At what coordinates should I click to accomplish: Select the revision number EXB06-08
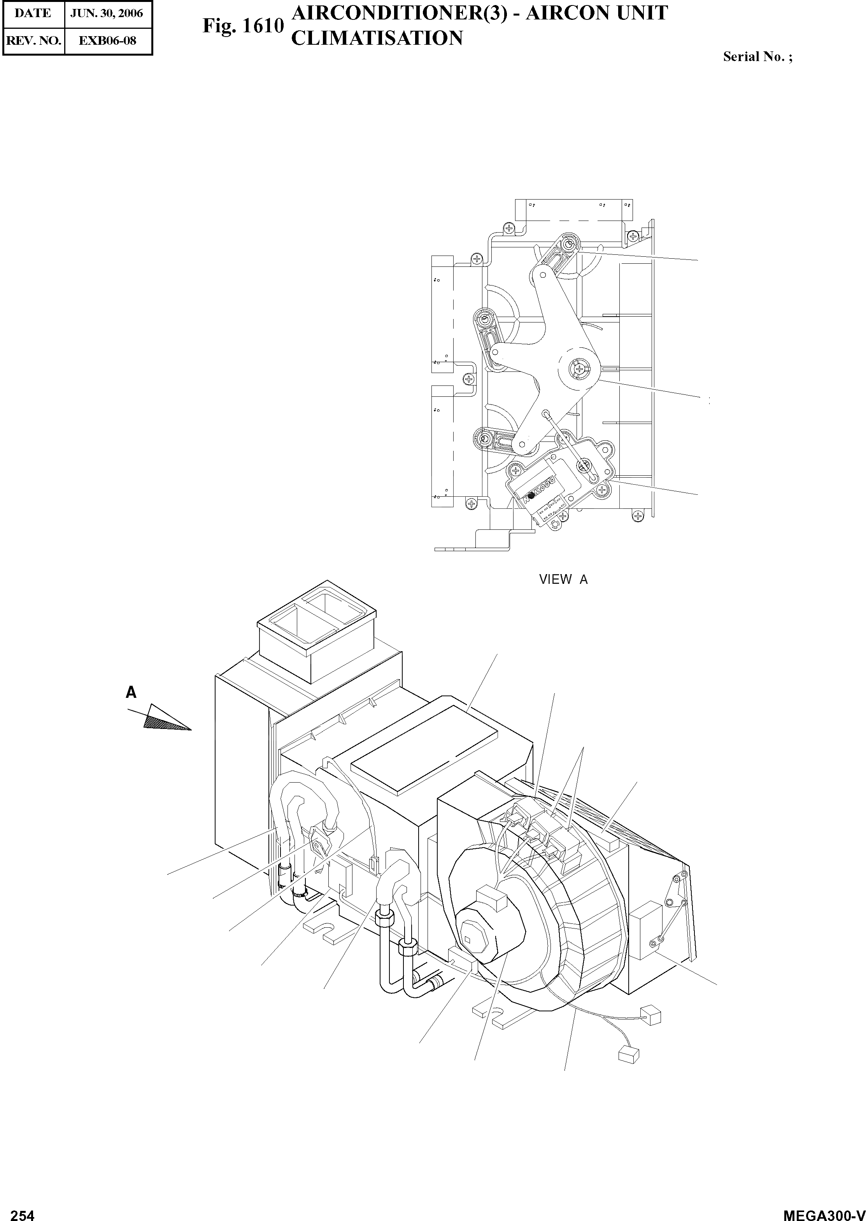[107, 40]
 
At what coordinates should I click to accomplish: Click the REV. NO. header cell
[33, 40]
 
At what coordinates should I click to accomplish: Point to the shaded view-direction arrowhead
[166, 718]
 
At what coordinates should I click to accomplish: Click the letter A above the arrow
[131, 693]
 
